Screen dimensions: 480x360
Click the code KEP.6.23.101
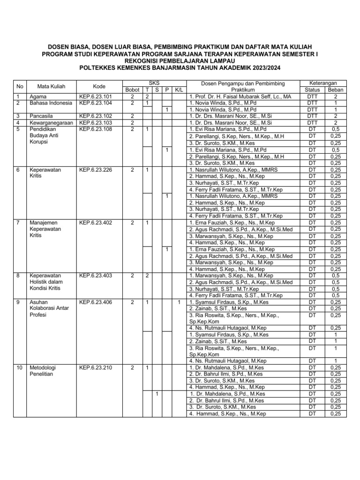click(96, 97)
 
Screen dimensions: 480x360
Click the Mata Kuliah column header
click(51, 86)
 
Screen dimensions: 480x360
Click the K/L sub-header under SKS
click(179, 90)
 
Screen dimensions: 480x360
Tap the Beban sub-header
click(335, 90)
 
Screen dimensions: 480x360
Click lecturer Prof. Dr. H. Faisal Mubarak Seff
click(240, 97)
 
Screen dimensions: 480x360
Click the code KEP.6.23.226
click(96, 170)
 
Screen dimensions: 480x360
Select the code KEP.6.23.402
click(96, 223)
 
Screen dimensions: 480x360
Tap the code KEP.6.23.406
click(96, 302)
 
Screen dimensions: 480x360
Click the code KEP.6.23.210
click(96, 368)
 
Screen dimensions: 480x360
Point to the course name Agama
click(37, 97)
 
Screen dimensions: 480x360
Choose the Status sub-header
click(312, 90)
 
